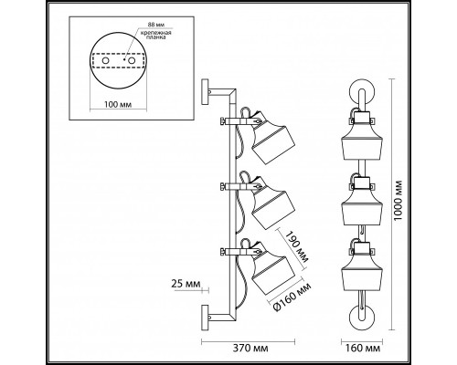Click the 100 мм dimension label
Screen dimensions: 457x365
point(118,105)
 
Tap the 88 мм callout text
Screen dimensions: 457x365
point(154,25)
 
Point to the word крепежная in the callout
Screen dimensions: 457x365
point(155,33)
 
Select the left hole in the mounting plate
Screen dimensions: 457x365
point(105,61)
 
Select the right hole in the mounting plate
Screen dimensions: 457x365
point(132,61)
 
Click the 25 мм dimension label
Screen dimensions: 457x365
point(186,284)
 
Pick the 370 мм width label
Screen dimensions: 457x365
point(250,348)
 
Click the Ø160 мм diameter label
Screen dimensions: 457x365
point(292,297)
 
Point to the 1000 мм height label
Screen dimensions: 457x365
point(398,201)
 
